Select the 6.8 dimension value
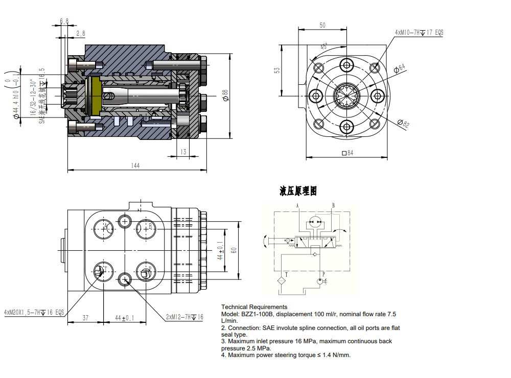point(64,21)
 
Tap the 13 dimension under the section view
point(183,152)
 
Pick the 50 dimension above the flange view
point(322,25)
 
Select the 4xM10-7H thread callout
point(419,32)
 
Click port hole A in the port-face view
point(106,227)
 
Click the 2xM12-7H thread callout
point(184,317)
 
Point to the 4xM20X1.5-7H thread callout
point(34,312)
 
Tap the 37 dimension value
point(85,318)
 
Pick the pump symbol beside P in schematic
point(320,280)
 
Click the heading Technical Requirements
point(254,307)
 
